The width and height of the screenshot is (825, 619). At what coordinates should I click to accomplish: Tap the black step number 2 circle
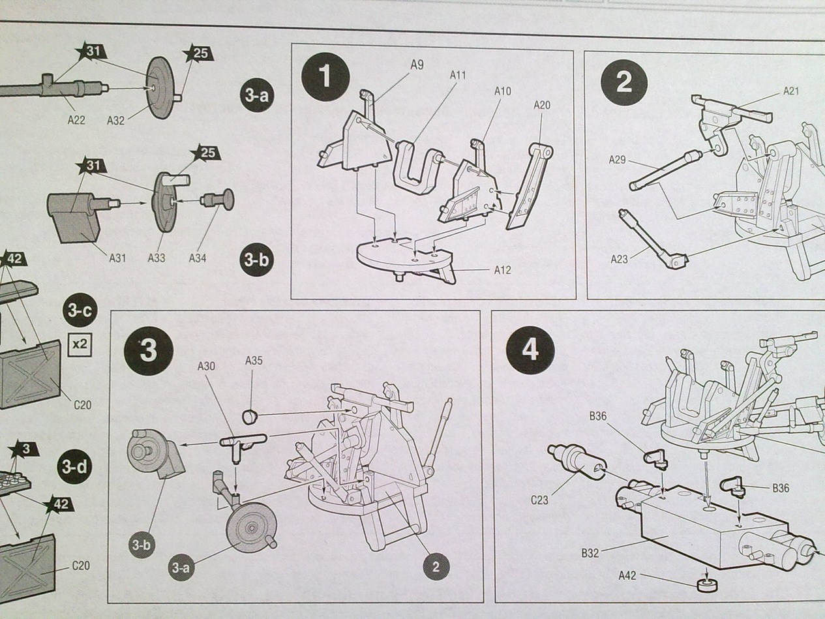click(x=623, y=82)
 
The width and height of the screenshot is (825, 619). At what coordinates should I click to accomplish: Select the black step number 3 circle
click(x=149, y=351)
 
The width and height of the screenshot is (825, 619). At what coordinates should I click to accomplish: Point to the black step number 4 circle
click(x=530, y=350)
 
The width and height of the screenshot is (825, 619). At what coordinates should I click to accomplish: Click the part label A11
click(x=458, y=75)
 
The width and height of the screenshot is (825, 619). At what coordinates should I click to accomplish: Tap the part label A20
click(x=542, y=105)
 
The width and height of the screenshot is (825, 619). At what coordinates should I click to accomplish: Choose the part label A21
click(x=791, y=91)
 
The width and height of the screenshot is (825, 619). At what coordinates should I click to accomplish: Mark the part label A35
click(x=254, y=360)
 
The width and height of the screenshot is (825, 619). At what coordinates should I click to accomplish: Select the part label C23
click(x=539, y=501)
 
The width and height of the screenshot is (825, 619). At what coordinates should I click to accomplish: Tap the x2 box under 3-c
click(x=80, y=343)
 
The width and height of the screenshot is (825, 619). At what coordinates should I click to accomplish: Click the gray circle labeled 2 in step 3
click(x=435, y=567)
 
